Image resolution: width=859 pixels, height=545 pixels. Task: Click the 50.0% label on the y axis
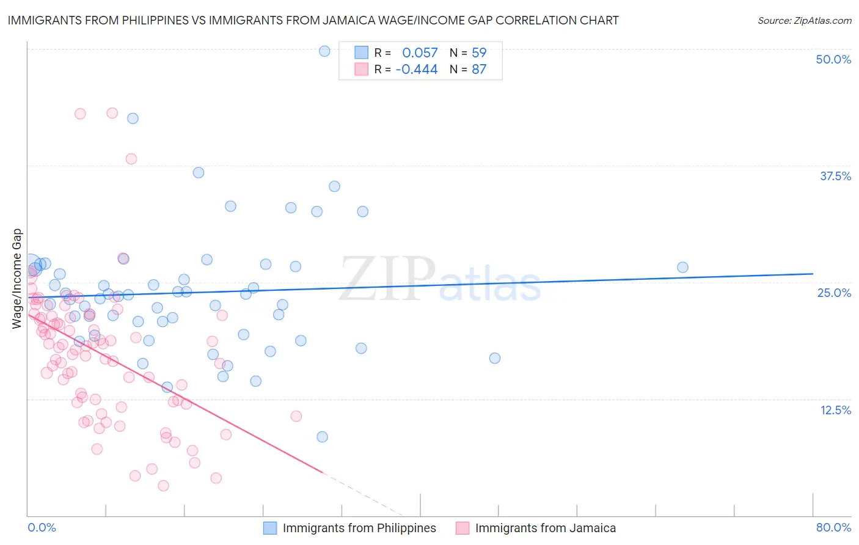pos(833,59)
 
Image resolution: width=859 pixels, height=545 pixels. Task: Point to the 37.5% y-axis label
pos(835,176)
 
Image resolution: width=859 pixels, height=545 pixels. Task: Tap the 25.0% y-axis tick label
pos(834,293)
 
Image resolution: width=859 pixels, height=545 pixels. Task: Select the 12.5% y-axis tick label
pos(835,410)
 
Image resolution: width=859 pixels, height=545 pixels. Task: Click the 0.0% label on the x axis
pos(42,527)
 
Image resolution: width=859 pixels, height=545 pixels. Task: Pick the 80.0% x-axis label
pos(833,527)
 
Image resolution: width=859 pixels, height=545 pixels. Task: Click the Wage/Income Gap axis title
pos(16,279)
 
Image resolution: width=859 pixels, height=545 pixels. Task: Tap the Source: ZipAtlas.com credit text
pos(804,20)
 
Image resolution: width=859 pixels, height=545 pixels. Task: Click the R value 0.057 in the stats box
pos(420,53)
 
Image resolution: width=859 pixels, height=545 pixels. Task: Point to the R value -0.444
pos(417,69)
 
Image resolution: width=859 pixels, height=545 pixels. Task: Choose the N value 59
pos(479,53)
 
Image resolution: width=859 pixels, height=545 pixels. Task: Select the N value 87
pos(479,69)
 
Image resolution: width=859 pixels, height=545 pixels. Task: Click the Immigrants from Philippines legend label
pos(359,528)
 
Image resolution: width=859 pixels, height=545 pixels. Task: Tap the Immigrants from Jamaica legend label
pos(545,528)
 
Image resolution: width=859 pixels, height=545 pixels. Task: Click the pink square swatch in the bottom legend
pos(462,528)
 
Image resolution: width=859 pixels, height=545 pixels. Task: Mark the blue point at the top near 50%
pos(324,51)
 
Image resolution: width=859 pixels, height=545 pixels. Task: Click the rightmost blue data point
pos(682,267)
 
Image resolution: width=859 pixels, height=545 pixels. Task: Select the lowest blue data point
pos(322,437)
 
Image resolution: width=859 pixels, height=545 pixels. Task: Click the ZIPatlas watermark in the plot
pos(440,280)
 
